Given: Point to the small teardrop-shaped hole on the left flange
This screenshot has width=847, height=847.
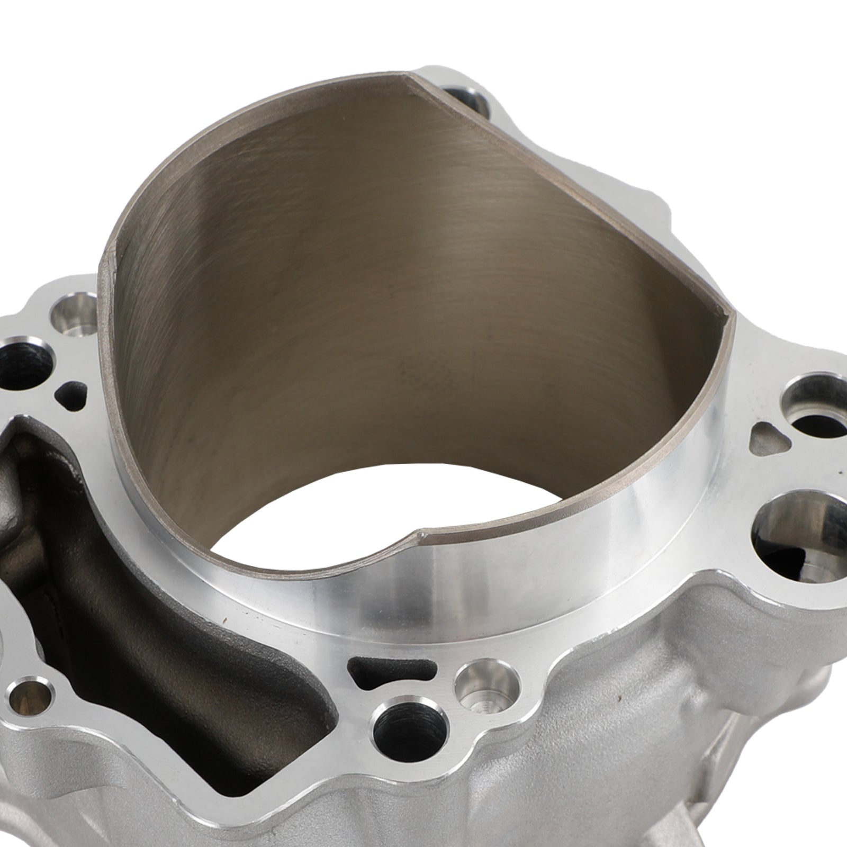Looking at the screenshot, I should pos(73,392).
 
